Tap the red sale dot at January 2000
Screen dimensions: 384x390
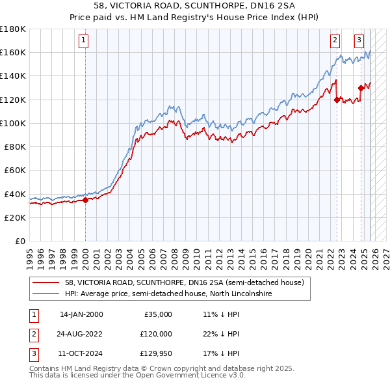pyautogui.click(x=85, y=200)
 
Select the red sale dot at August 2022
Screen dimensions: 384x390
pyautogui.click(x=337, y=100)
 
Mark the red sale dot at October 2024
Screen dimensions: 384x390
pyautogui.click(x=361, y=88)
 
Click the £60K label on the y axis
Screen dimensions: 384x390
pyautogui.click(x=15, y=170)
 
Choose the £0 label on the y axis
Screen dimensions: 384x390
pyautogui.click(x=19, y=241)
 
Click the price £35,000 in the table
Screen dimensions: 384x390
pyautogui.click(x=158, y=314)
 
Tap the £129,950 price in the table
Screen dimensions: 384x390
pyautogui.click(x=155, y=353)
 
